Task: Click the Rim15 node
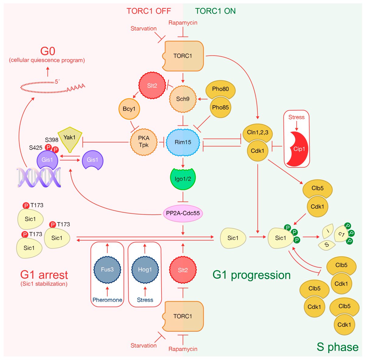click(183, 142)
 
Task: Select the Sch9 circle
click(183, 99)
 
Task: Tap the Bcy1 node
click(129, 109)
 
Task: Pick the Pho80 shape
click(221, 89)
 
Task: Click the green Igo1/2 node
click(183, 179)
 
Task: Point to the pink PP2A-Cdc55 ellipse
click(183, 213)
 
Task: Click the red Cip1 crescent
click(298, 149)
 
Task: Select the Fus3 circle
click(107, 269)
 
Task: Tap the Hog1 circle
click(145, 269)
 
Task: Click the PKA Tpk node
click(144, 142)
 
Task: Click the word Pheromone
click(107, 300)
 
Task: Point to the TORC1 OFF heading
click(149, 11)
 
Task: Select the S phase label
click(337, 347)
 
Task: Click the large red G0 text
click(47, 51)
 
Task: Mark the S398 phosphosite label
click(52, 140)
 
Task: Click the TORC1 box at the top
click(183, 56)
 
